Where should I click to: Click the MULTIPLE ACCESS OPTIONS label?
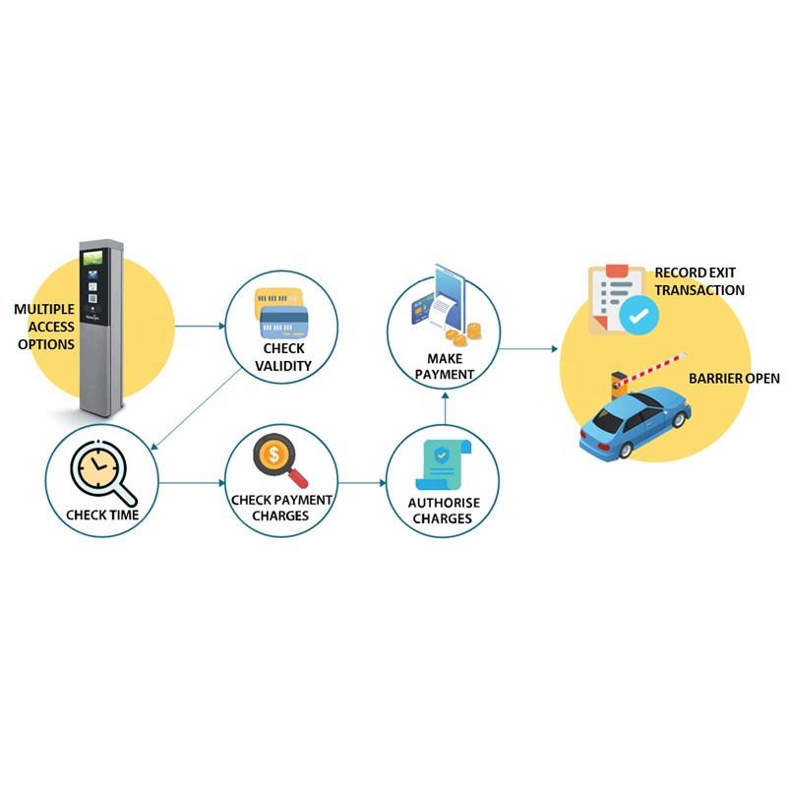(44, 327)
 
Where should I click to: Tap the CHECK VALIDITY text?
(283, 357)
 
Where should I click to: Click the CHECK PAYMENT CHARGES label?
(281, 508)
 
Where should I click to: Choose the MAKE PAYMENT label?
(445, 366)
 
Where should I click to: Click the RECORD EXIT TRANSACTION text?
(699, 281)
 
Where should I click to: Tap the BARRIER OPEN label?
(734, 378)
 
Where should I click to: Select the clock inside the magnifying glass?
(97, 464)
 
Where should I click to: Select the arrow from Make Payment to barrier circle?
(527, 348)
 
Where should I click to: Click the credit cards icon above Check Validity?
(281, 311)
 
